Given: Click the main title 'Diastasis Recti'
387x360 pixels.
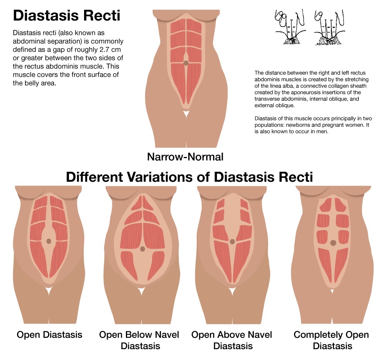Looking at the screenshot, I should pos(67,16).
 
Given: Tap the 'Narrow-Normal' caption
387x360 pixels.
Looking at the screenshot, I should pos(185,157).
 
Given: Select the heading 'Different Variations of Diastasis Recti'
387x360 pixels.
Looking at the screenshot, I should pos(189,177).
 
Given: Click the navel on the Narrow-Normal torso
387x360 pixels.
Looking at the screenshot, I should pos(186,63).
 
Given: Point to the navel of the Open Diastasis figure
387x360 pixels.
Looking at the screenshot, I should pos(48,241).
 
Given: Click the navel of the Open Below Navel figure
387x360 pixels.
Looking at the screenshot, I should pos(143,248).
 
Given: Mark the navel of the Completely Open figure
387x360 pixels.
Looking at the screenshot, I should pos(333,243).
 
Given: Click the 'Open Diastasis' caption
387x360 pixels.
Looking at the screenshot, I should pos(50,334).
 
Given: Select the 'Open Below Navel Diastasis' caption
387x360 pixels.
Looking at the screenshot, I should pos(139,340).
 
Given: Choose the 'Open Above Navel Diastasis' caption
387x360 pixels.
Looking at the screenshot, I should pos(232,340).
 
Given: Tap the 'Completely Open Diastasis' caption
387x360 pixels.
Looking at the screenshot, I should pos(331,340).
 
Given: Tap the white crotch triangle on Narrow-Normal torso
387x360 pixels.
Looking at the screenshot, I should pos(186,115).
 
